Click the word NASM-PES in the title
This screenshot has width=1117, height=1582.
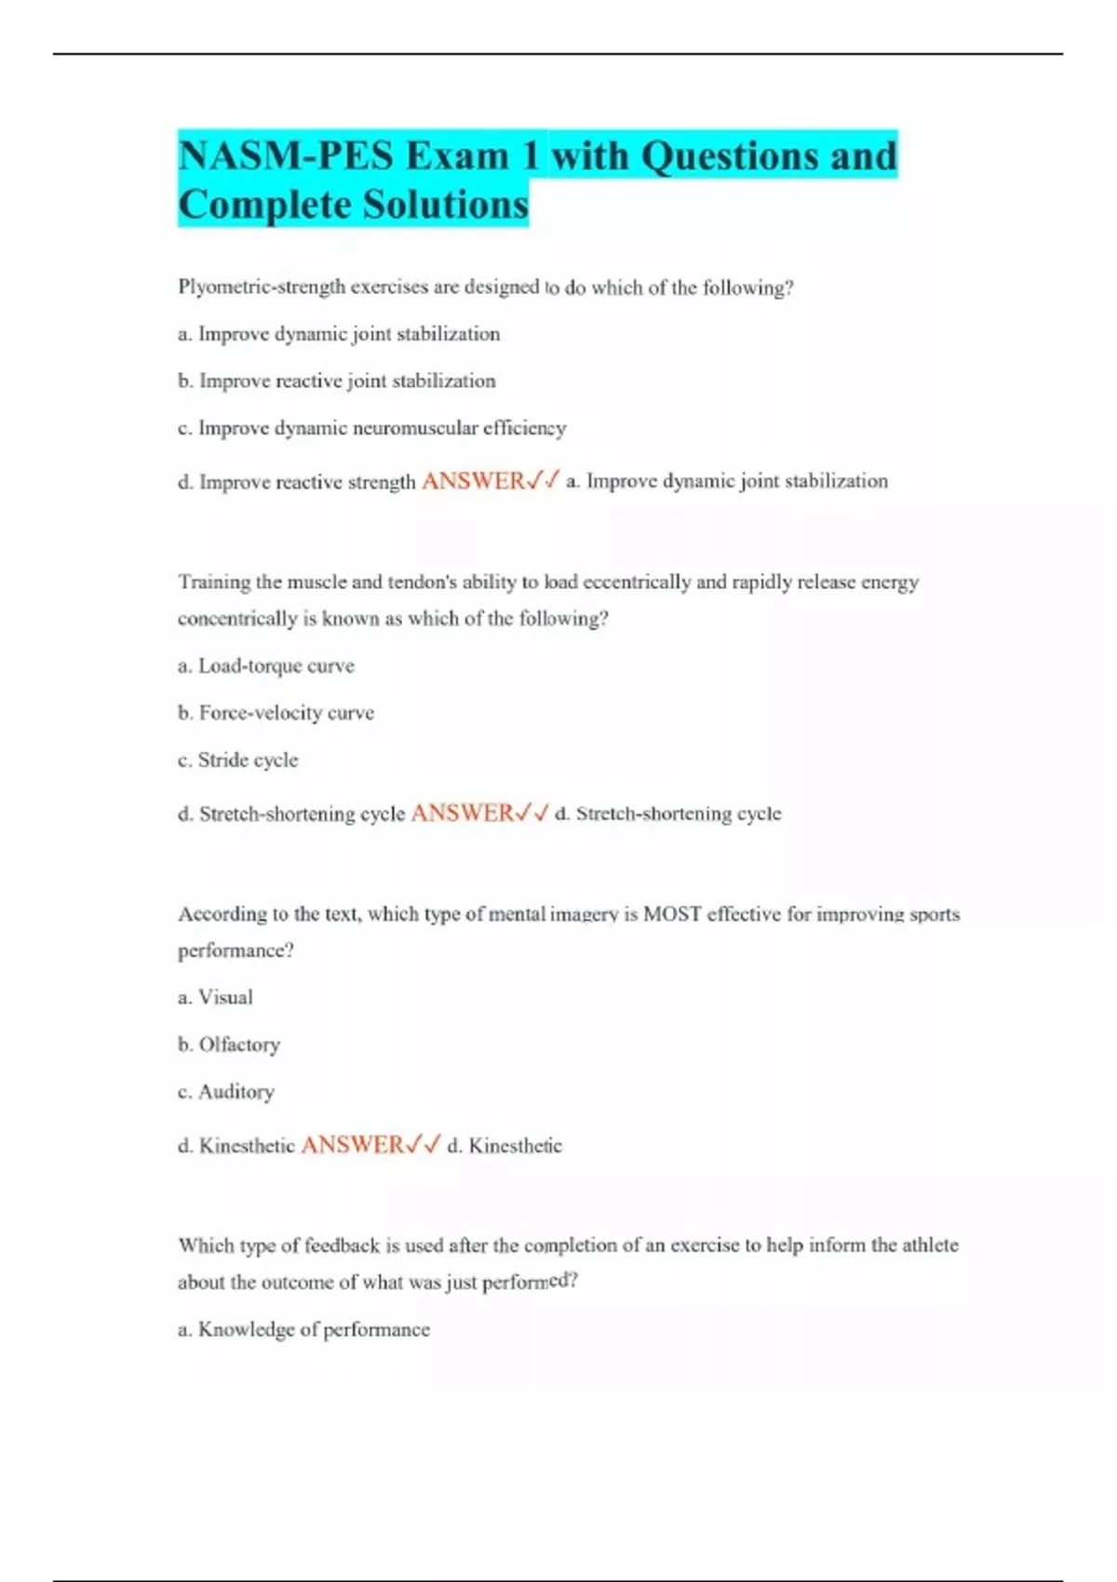click(x=285, y=155)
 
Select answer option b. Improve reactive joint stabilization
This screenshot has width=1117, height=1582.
click(x=337, y=381)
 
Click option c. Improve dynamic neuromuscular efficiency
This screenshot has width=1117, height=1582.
click(x=372, y=428)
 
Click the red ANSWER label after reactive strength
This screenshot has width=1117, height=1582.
click(x=473, y=481)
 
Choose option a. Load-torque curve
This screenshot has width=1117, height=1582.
click(x=266, y=666)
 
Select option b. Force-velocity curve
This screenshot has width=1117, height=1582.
click(x=276, y=713)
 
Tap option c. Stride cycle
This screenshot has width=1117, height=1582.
click(x=238, y=760)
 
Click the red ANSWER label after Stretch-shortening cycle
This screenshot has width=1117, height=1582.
click(x=462, y=813)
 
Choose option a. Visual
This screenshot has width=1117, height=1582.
click(x=216, y=998)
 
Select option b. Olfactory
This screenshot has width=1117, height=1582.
click(x=229, y=1045)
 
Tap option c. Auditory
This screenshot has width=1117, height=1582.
click(x=226, y=1092)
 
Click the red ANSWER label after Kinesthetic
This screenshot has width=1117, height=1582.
click(x=353, y=1145)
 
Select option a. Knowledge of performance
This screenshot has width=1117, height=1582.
click(x=304, y=1330)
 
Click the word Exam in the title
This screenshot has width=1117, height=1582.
click(x=457, y=155)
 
